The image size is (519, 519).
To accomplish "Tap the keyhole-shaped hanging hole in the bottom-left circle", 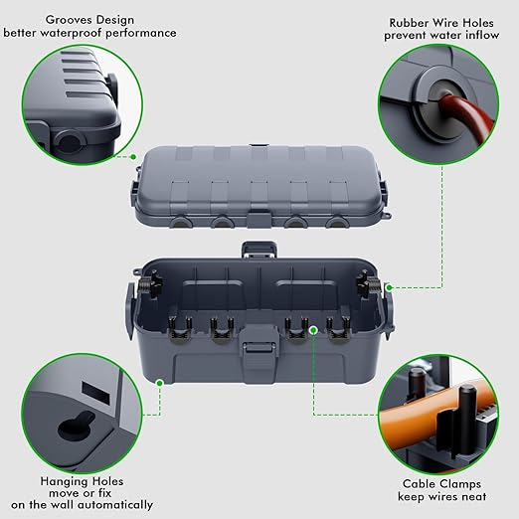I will [x=71, y=426].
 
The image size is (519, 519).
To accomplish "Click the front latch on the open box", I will [x=259, y=353].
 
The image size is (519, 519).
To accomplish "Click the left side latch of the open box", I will [x=128, y=298].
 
